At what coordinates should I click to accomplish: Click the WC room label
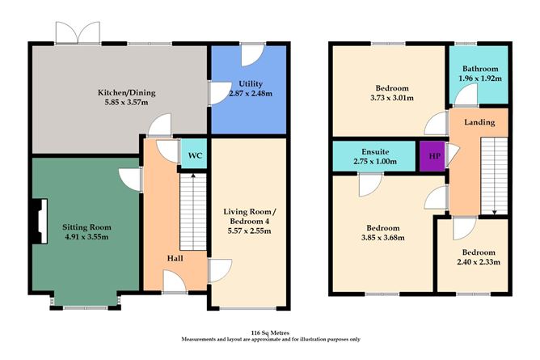[194, 155]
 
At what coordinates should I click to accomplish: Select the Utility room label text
[251, 85]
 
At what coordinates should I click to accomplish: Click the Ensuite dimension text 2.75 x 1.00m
[377, 162]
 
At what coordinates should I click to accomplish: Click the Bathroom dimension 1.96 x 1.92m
[479, 79]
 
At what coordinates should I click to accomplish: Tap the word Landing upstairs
[480, 121]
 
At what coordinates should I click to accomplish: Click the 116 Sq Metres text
[269, 332]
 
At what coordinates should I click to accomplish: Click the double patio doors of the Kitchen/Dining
[77, 33]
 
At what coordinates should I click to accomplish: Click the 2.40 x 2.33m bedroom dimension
[475, 261]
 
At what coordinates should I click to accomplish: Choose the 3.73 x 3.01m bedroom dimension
[390, 98]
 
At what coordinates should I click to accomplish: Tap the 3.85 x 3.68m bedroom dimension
[382, 238]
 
